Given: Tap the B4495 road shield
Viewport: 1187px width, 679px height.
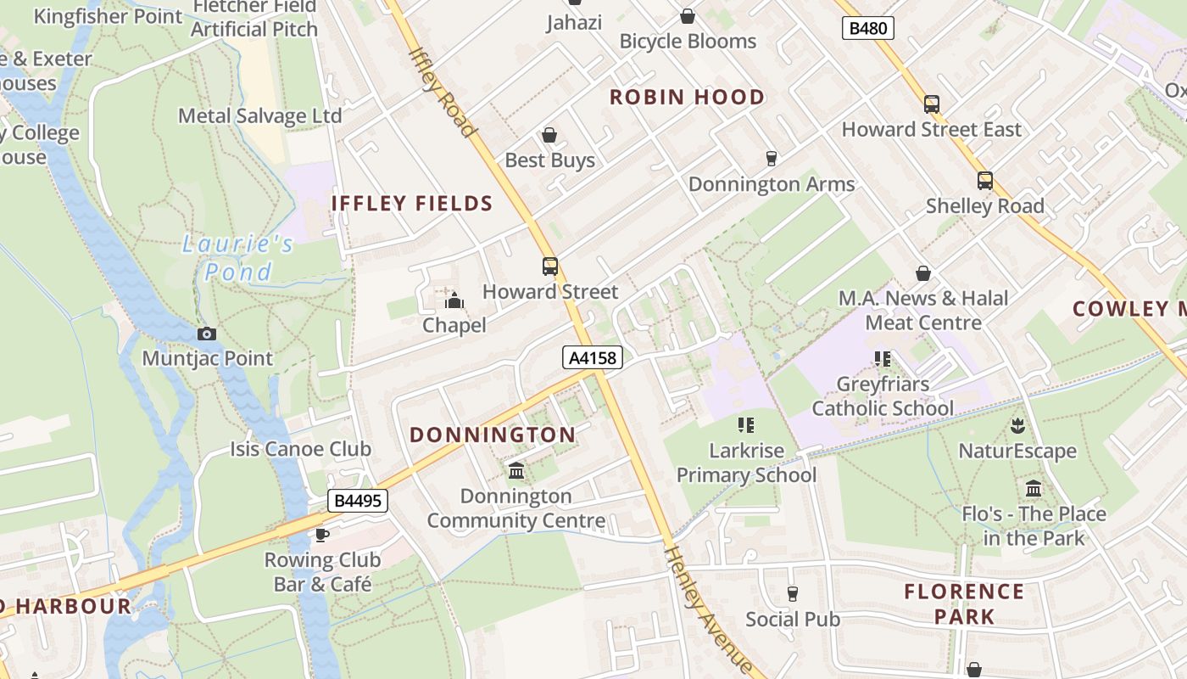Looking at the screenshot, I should coord(358,501).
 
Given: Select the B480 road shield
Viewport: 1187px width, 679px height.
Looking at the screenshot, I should coord(868,29).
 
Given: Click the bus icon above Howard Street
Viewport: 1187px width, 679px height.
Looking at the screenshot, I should coord(550,267).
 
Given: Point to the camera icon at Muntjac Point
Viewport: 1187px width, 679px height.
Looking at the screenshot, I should coord(207,334).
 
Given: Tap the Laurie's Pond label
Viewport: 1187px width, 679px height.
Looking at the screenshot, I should coord(238,258).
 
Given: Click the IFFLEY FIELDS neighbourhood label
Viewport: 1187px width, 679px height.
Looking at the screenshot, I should coord(412,204).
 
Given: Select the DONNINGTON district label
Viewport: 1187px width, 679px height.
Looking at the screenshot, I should coord(493,435).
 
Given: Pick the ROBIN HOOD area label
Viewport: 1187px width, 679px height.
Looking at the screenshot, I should coord(688,98).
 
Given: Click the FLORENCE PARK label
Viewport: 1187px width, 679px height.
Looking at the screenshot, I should coord(964,603).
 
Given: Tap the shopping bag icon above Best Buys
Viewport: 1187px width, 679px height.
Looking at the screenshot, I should coord(549,135).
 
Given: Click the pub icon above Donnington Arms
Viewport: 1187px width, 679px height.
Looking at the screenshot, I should coord(772,159).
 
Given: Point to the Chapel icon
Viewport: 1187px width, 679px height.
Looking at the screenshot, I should coord(454,300).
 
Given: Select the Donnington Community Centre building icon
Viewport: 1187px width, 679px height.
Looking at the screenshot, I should coord(515,471).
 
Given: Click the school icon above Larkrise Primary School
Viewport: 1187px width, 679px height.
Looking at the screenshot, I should coord(746,425).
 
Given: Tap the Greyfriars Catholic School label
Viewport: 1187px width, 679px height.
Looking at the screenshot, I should coord(883,396).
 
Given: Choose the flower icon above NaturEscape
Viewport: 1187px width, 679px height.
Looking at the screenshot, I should coord(1017,425).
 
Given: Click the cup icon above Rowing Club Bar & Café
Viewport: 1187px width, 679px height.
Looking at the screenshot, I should coord(322,535).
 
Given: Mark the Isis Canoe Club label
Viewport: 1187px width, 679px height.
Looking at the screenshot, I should coord(301,449).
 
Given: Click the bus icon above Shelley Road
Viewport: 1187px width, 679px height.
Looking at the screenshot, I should coord(984,181).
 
